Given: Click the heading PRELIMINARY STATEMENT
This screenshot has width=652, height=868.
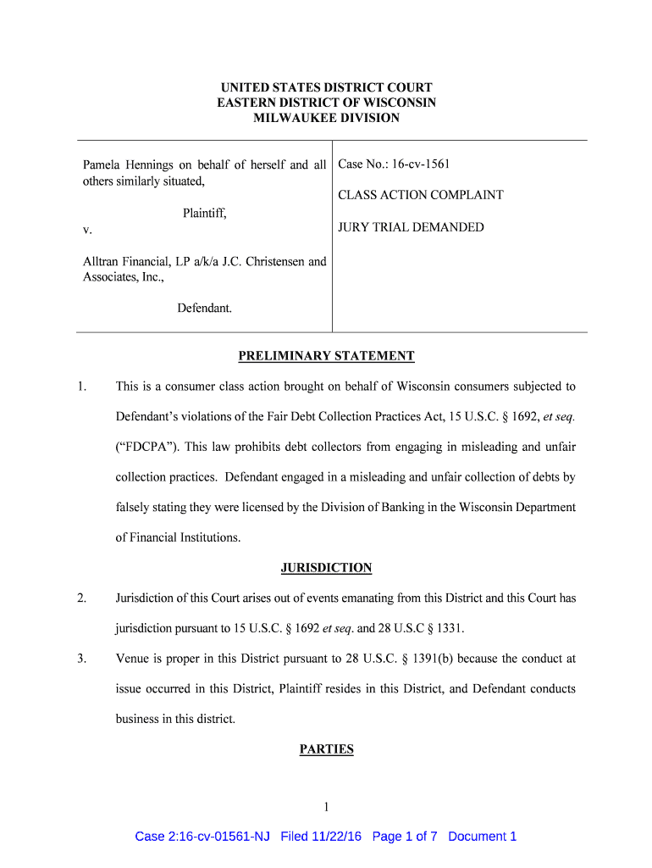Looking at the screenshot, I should pos(326,356).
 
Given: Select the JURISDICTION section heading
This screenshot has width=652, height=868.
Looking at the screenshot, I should pos(326,568).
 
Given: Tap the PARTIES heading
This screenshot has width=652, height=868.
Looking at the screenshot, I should pos(326,749).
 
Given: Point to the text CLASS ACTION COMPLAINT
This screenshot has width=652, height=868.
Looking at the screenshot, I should pos(421,195).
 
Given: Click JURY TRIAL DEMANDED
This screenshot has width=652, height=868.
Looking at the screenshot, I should pos(411,227).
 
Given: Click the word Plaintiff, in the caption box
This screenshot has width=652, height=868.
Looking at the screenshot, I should pos(205,214).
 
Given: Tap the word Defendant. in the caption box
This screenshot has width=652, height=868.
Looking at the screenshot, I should pos(204,309).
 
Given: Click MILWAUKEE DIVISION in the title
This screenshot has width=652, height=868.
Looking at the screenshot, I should pos(326,118).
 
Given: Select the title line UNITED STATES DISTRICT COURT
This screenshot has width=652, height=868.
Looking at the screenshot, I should pos(326,87).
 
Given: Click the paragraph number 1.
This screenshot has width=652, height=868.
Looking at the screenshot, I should pos(80,387).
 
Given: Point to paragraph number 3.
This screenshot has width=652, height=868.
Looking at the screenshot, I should pos(80,658).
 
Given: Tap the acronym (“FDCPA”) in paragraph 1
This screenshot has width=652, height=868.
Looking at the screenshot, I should pos(146,447).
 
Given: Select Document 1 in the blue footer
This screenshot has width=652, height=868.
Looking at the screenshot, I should pos(482,837).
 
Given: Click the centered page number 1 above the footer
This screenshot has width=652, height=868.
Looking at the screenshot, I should pos(326,806).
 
